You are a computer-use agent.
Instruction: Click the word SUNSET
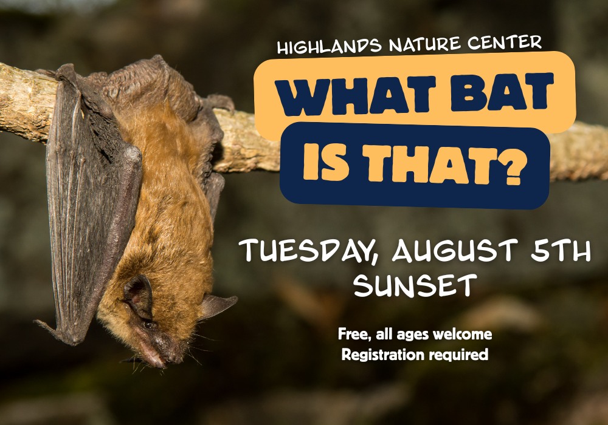point(415,285)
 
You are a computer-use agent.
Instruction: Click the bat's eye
point(148,324)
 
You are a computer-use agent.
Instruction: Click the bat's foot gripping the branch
point(219,103)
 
